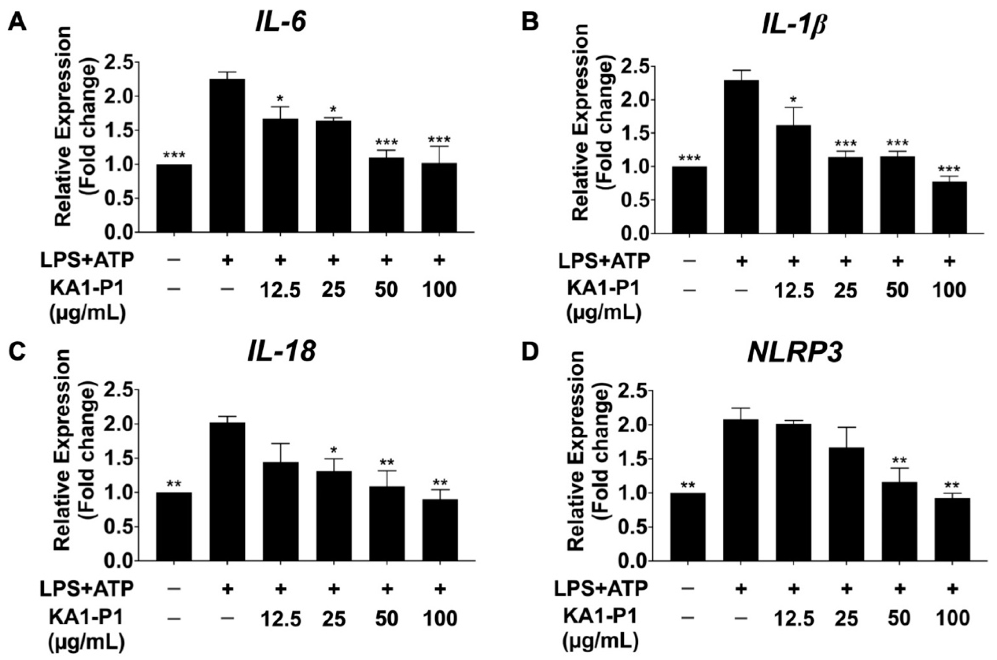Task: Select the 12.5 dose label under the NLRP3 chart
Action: (x=794, y=619)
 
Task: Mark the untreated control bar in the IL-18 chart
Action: (x=174, y=526)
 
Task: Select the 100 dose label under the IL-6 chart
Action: (x=439, y=289)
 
